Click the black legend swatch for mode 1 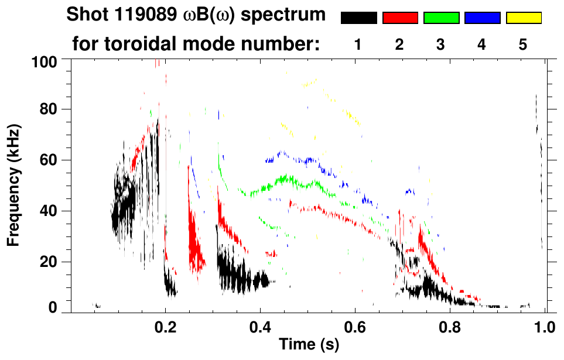(359, 18)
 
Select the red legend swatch (400, 18)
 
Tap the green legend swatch (441, 18)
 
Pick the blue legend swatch (482, 18)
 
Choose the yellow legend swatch (524, 18)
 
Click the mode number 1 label (358, 45)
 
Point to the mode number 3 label (440, 45)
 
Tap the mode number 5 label (522, 45)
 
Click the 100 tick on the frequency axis (50, 61)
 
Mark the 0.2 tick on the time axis (165, 326)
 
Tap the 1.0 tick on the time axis (545, 326)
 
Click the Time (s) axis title (308, 345)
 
